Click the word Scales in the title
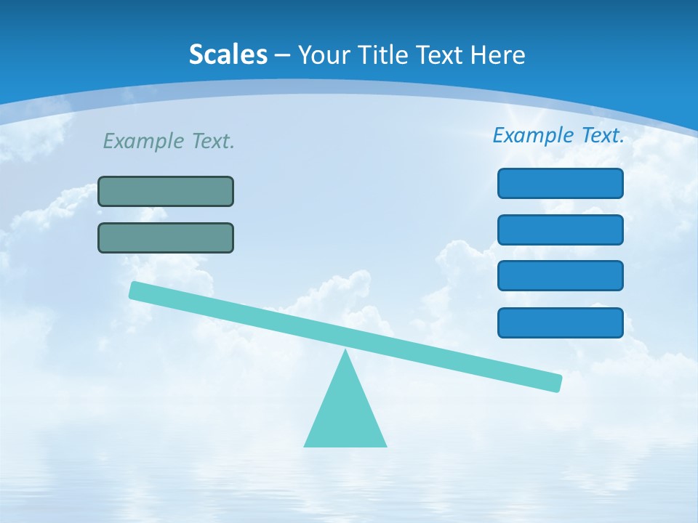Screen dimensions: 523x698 228,54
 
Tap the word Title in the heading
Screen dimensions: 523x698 388,54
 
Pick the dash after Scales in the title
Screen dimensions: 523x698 283,55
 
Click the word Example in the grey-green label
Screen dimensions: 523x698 144,141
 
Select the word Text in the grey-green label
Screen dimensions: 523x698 212,141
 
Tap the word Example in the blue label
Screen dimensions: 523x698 534,135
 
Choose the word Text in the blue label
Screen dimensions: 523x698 602,135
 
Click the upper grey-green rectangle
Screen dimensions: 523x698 166,191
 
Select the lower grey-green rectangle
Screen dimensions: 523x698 166,238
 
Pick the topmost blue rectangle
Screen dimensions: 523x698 561,183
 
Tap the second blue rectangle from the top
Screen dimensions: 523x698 561,230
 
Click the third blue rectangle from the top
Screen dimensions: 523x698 561,275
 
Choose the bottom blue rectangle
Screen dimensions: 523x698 561,323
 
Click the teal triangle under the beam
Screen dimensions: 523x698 345,414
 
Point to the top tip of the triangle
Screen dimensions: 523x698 345,352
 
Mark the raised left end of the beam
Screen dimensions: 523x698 135,290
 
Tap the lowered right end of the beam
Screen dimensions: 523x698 556,383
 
